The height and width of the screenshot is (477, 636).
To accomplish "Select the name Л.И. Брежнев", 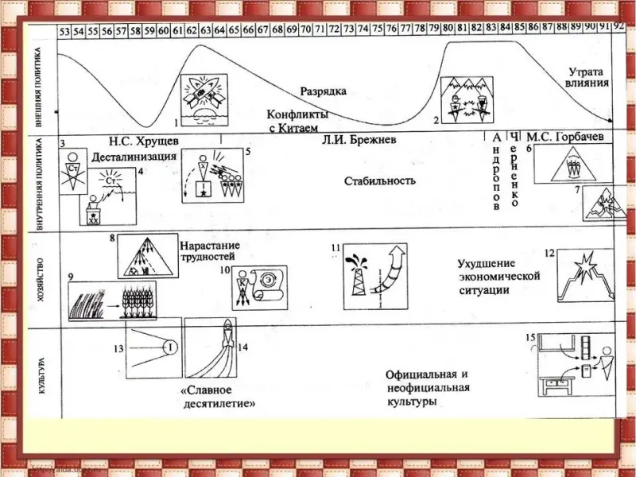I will [x=359, y=141].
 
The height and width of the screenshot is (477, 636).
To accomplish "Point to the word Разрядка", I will [x=323, y=91].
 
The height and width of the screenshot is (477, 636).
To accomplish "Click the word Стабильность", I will [x=379, y=180].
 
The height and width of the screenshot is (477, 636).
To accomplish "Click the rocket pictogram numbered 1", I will [x=204, y=99].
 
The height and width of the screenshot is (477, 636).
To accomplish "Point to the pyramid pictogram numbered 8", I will [x=148, y=256].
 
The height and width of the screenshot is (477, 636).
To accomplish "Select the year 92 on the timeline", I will [x=619, y=25].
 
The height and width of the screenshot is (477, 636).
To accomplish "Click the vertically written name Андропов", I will [x=497, y=171].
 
